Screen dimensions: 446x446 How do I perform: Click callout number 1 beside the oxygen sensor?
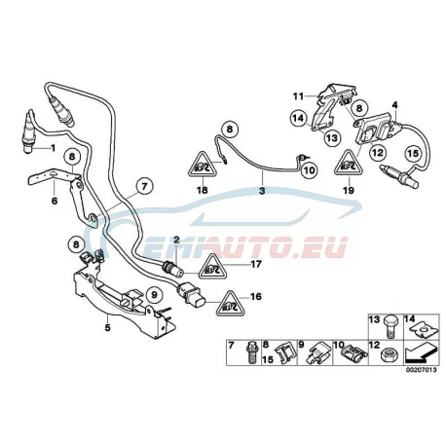tap(53, 148)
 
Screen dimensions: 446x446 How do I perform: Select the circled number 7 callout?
tap(144, 186)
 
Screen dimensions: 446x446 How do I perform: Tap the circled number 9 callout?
tap(154, 295)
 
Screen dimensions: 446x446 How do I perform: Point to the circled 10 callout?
tap(309, 170)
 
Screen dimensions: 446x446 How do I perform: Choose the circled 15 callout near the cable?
tap(413, 153)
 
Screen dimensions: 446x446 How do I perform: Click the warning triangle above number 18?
tap(203, 167)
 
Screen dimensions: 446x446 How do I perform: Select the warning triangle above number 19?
tap(349, 166)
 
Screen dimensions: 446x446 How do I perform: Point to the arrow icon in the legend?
tap(421, 354)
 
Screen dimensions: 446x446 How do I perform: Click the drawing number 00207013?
tap(421, 370)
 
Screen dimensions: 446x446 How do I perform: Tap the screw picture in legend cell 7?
tap(250, 353)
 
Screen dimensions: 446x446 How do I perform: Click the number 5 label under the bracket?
tap(107, 327)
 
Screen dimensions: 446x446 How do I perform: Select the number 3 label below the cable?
tap(262, 191)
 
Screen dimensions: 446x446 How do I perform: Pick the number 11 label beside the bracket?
tap(298, 96)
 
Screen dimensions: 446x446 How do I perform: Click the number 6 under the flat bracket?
tap(55, 201)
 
